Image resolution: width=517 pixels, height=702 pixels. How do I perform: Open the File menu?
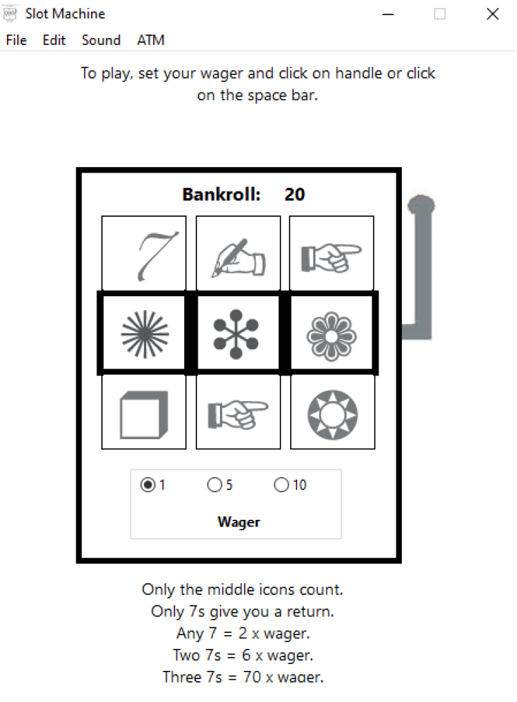pos(16,40)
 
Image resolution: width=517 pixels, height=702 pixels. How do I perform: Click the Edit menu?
pos(54,40)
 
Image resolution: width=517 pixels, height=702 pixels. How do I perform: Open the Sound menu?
pos(101,40)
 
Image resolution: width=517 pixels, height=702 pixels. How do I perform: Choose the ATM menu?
pos(151,40)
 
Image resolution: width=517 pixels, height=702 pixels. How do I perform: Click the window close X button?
pos(492,14)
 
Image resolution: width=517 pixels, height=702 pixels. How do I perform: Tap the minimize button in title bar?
pos(388,14)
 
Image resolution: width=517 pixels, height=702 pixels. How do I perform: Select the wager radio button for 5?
pos(214,485)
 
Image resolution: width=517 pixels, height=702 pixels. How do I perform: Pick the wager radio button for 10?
pos(281,485)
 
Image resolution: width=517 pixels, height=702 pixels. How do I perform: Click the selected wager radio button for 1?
pos(148,485)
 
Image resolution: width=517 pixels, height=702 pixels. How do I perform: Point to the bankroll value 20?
pos(295,194)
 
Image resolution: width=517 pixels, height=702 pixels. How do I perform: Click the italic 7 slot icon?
pos(158,256)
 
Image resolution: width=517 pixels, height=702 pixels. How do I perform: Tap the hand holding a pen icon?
pos(239,258)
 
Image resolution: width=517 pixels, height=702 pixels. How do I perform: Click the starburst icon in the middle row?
pos(145,335)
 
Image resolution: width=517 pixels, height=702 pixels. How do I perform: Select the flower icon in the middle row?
pos(332,336)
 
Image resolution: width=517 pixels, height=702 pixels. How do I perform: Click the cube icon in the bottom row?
pos(144,415)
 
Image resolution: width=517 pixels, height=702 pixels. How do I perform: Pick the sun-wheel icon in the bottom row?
pos(333,415)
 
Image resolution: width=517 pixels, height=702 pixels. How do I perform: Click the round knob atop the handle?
pos(421,206)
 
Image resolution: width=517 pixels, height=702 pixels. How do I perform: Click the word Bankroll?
pos(221,194)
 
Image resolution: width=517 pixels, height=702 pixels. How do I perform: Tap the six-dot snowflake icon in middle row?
pos(236,334)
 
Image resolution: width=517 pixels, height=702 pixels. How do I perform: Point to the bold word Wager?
pos(239,522)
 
